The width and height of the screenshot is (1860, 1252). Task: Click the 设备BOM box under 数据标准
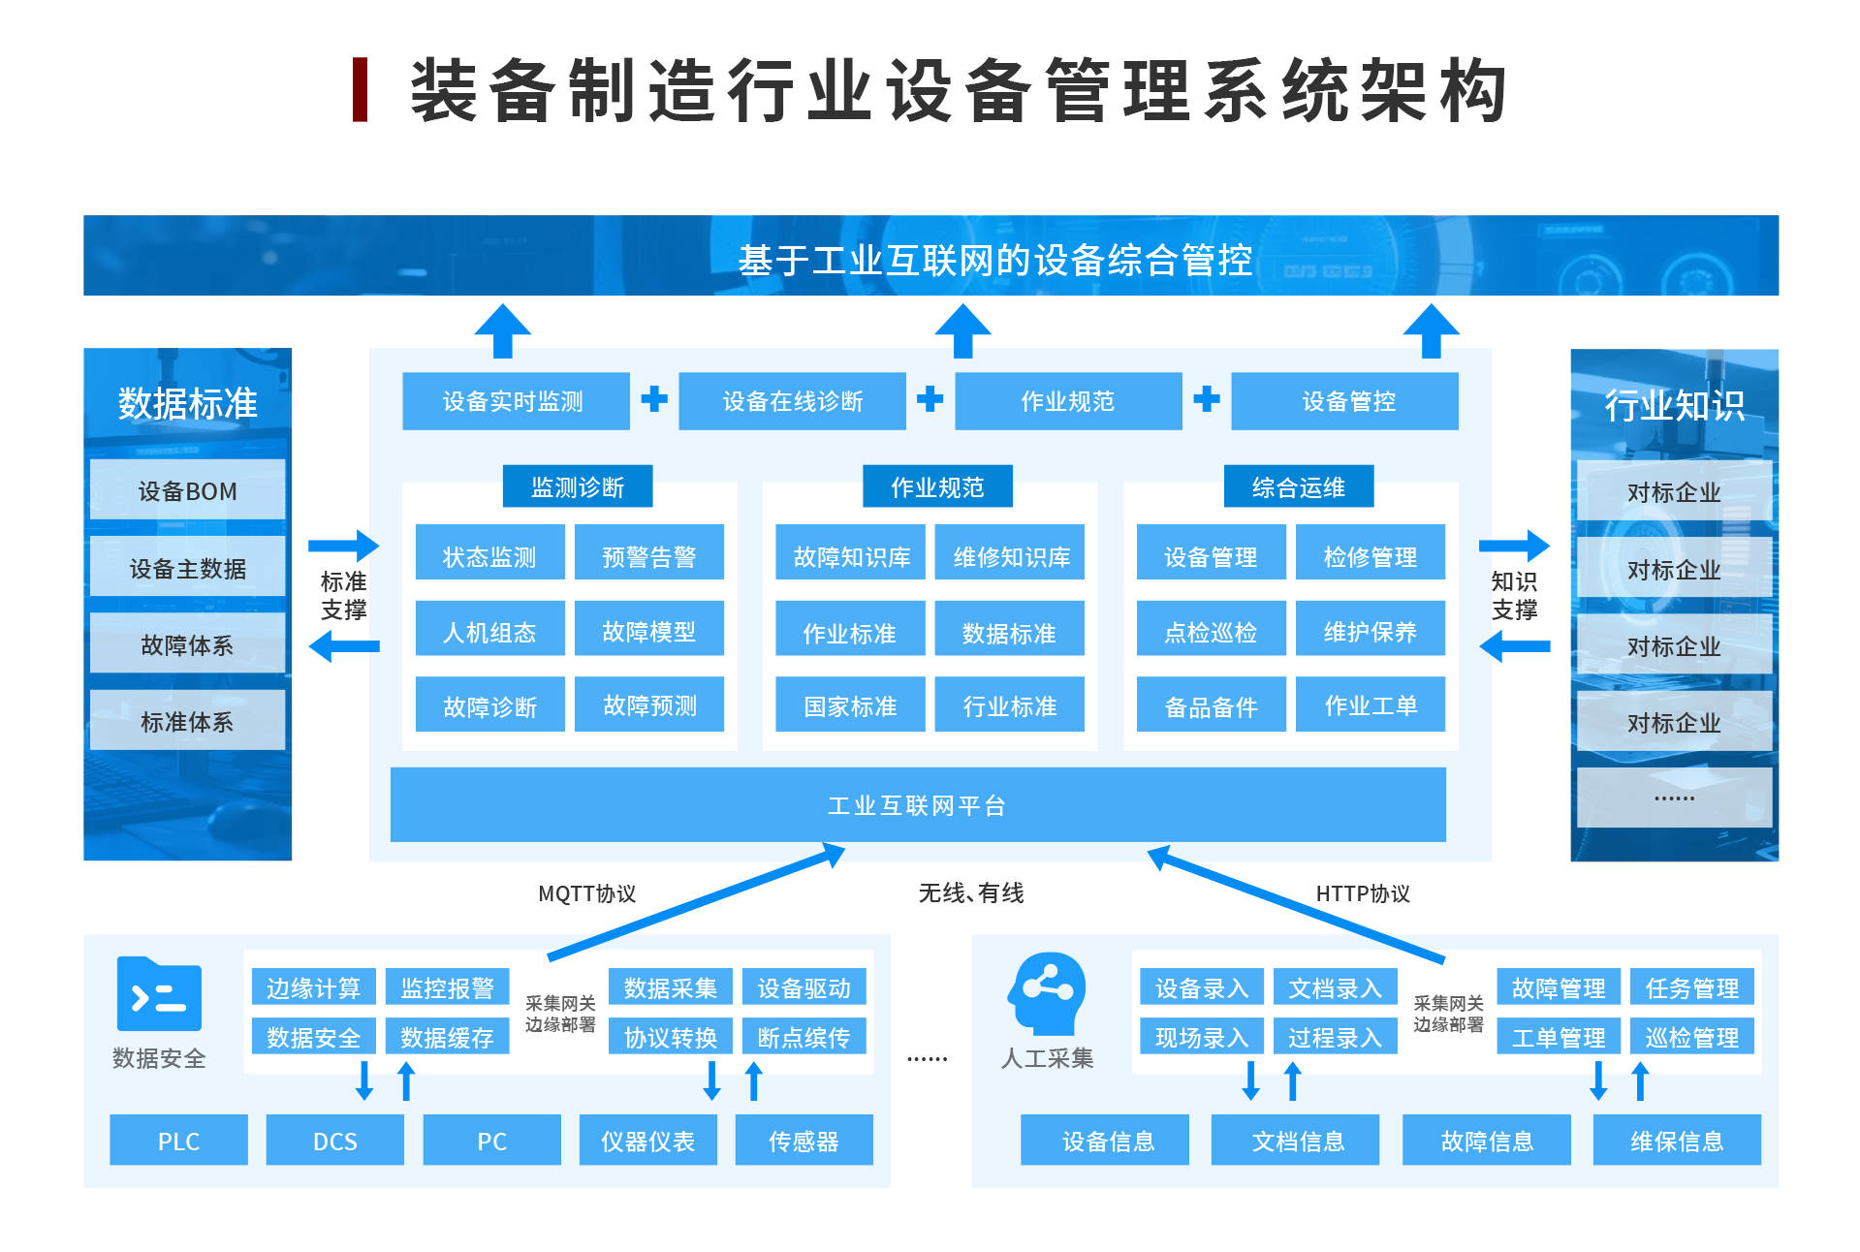(x=187, y=490)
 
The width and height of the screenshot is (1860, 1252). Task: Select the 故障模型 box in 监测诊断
(x=648, y=631)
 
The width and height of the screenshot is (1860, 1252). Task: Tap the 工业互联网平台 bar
(x=917, y=804)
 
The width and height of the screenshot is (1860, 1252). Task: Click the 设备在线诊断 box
(x=792, y=400)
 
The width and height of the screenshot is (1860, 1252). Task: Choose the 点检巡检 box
(x=1210, y=631)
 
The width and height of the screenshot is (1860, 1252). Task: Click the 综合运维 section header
(x=1298, y=486)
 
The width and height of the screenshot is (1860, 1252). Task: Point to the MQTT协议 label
(x=586, y=893)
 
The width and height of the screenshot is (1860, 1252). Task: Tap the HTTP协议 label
(x=1362, y=893)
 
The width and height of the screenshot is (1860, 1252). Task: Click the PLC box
(x=178, y=1141)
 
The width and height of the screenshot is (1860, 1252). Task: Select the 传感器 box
(x=804, y=1141)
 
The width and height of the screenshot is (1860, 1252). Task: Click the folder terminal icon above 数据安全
(x=159, y=994)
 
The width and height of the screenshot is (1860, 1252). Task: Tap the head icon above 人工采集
(x=1047, y=994)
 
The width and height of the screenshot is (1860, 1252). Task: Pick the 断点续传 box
(x=804, y=1037)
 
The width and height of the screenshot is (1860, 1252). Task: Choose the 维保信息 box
(x=1676, y=1141)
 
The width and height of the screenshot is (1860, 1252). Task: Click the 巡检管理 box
(x=1691, y=1037)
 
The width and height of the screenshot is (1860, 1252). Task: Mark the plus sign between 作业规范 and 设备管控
(x=1206, y=398)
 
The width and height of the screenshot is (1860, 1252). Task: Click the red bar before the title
(x=360, y=90)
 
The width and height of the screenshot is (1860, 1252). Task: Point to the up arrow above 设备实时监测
(x=502, y=331)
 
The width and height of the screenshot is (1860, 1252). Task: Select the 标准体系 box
(x=187, y=721)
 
